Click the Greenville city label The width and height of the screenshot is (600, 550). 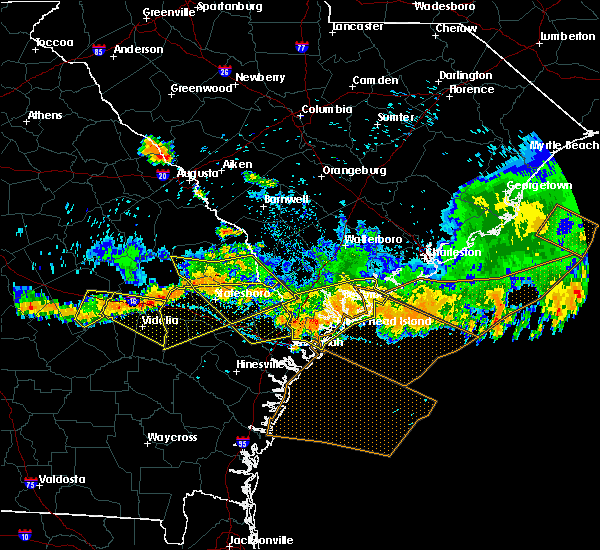pos(168,12)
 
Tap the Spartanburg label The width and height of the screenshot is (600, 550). pos(228,6)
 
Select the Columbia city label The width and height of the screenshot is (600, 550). pos(327,109)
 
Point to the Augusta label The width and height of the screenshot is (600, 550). pos(197,173)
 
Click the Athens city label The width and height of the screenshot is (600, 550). pos(44,115)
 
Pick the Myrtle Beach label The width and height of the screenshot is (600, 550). pos(565,145)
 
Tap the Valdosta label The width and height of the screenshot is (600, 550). pos(61,479)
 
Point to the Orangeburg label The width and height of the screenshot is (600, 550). pos(354,171)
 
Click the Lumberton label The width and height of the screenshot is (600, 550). pos(567,36)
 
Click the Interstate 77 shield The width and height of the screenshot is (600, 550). pos(301,47)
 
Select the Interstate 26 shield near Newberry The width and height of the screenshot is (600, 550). pos(226,72)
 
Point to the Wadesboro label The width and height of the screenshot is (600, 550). pos(445,6)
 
